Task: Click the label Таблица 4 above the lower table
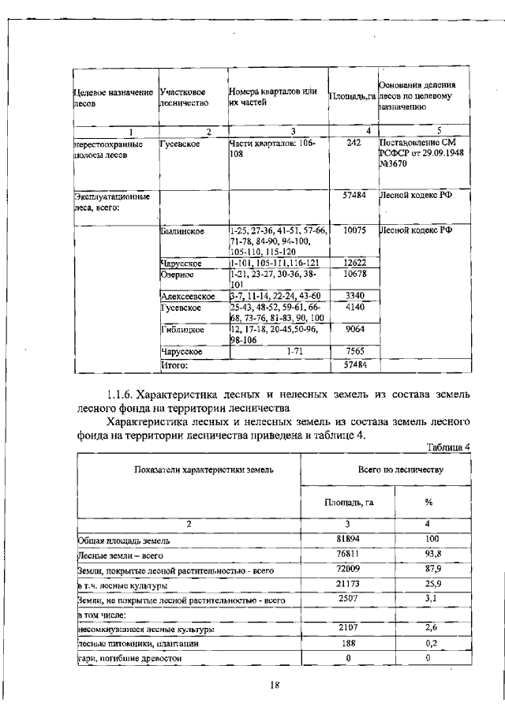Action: (448, 447)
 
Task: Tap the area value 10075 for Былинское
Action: (353, 230)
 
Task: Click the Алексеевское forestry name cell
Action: (188, 295)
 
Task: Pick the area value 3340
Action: (353, 295)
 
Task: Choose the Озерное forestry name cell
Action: (175, 274)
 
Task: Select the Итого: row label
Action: (174, 365)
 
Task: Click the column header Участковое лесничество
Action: (184, 97)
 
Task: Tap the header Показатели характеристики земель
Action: (189, 469)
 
